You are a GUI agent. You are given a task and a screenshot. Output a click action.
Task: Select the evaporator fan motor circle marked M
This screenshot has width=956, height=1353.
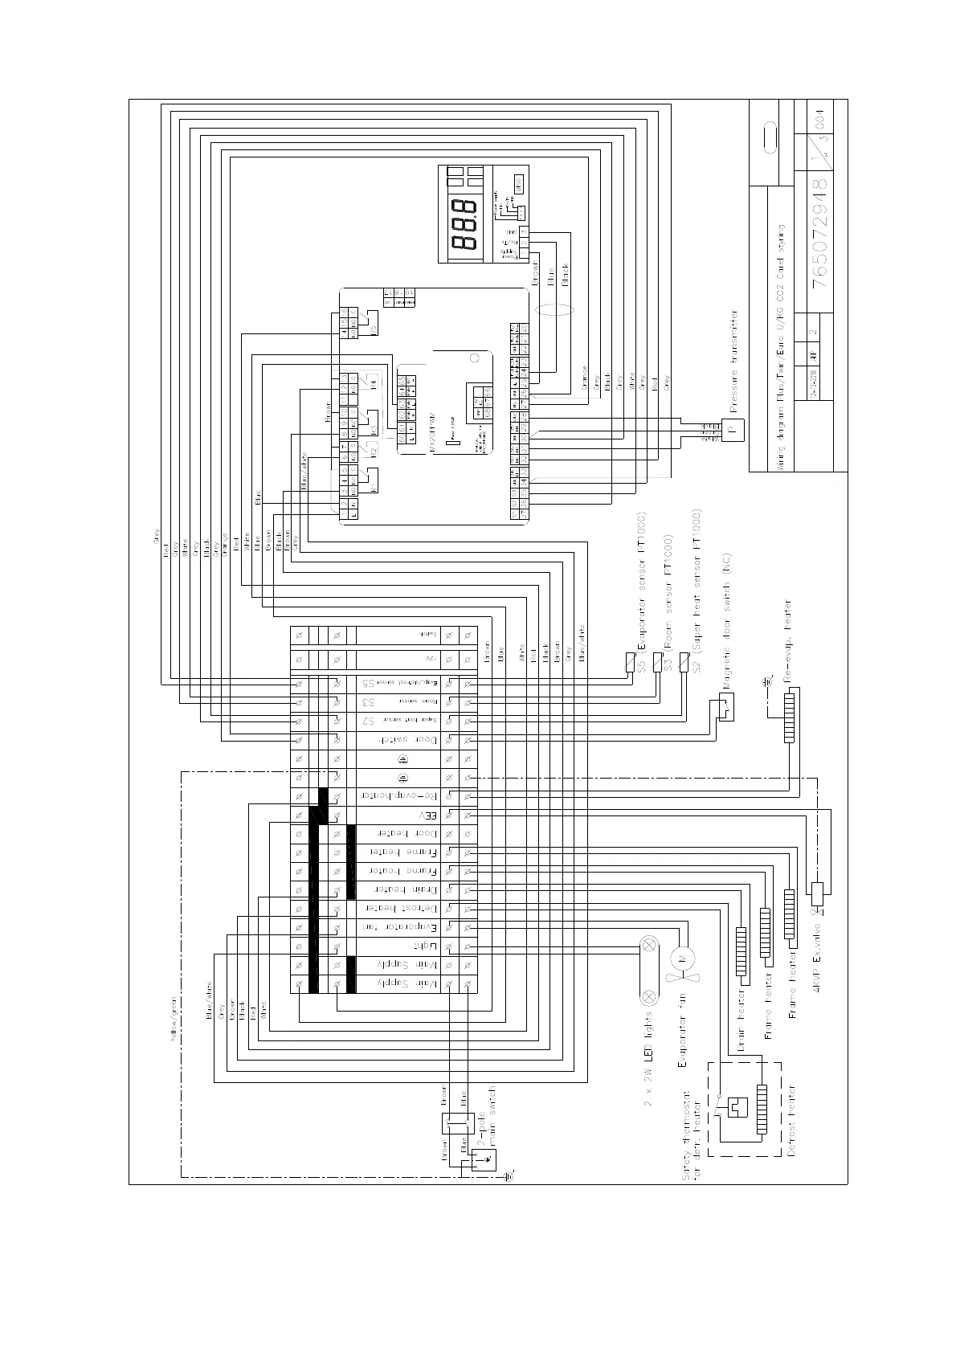(x=682, y=959)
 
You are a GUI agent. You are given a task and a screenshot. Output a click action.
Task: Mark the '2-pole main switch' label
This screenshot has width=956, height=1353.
(x=488, y=1118)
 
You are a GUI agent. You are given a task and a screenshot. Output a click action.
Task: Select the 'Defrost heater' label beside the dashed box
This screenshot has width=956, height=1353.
(x=791, y=1120)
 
